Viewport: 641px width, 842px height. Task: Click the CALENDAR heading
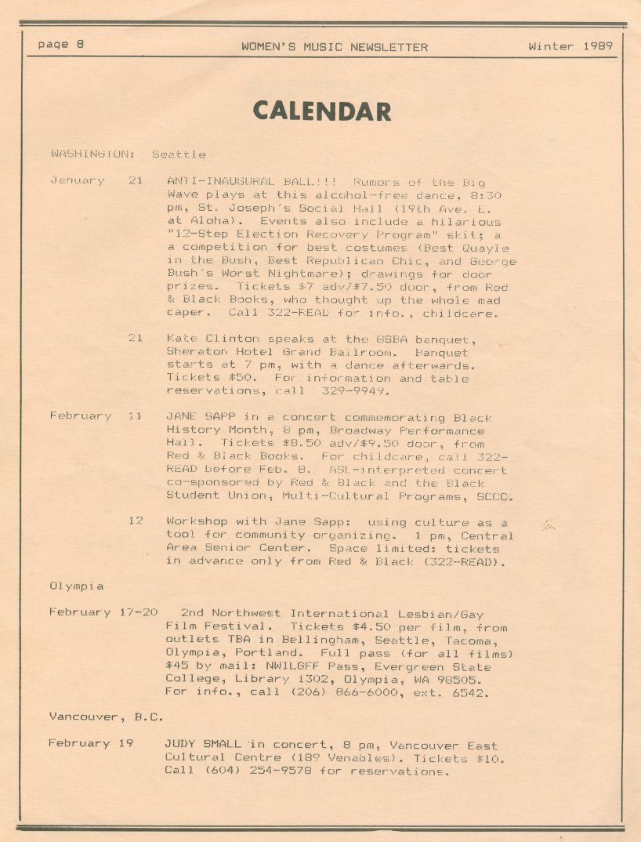pyautogui.click(x=321, y=111)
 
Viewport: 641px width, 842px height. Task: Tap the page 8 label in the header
pyautogui.click(x=60, y=45)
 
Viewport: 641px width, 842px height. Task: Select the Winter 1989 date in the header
pyautogui.click(x=570, y=46)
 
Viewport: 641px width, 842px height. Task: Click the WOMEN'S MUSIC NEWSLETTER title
pyautogui.click(x=335, y=47)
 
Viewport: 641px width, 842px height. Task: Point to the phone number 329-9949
pyautogui.click(x=368, y=390)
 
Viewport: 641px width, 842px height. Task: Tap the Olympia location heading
pyautogui.click(x=76, y=586)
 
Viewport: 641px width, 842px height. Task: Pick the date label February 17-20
pyautogui.click(x=103, y=612)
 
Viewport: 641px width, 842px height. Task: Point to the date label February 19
pyautogui.click(x=90, y=742)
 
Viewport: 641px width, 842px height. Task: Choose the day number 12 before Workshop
pyautogui.click(x=135, y=521)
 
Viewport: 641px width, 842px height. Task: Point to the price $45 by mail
pyautogui.click(x=177, y=666)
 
